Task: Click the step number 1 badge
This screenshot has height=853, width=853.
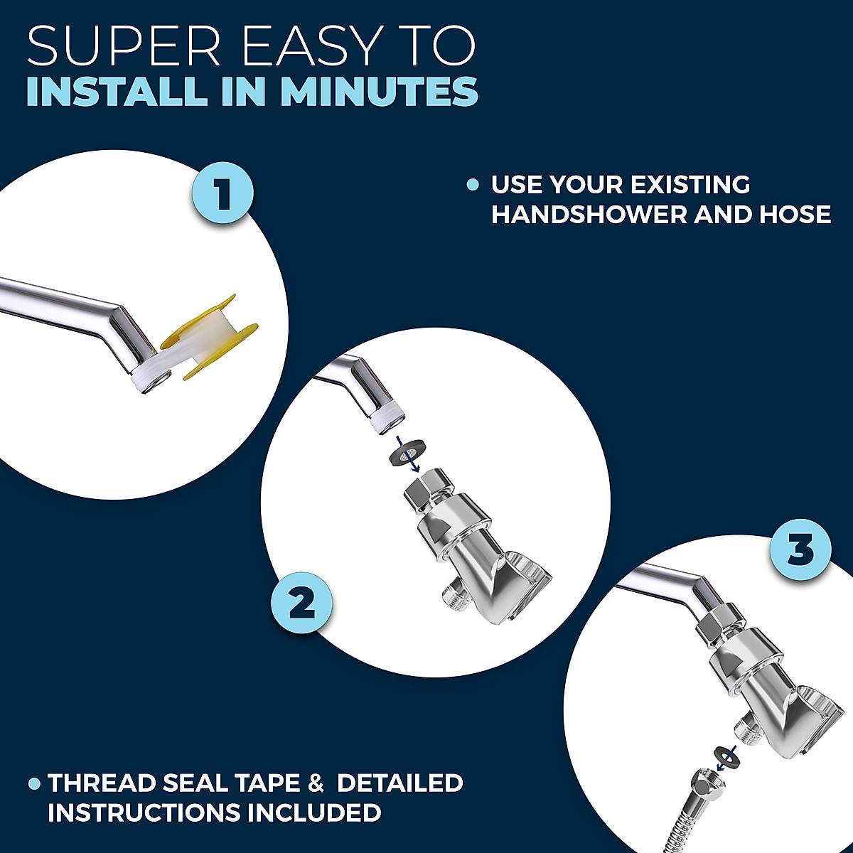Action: pyautogui.click(x=223, y=193)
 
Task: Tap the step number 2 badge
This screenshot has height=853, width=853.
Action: pyautogui.click(x=302, y=604)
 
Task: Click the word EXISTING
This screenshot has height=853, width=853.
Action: pyautogui.click(x=691, y=185)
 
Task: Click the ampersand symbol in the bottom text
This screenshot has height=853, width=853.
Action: pyautogui.click(x=315, y=783)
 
